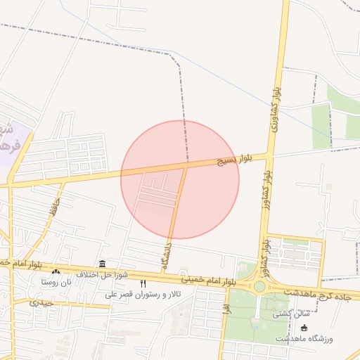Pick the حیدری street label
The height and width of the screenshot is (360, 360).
point(41,302)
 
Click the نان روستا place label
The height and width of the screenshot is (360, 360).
point(57,282)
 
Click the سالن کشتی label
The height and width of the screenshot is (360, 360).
point(292,314)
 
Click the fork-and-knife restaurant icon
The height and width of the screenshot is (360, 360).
point(143,283)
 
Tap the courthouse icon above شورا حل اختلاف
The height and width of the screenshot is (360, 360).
point(103,264)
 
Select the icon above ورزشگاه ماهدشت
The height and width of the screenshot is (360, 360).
point(304,328)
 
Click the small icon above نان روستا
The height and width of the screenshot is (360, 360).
point(56,271)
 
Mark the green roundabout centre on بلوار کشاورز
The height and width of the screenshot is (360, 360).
point(259,287)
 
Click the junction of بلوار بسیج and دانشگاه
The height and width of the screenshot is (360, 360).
point(187,165)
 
